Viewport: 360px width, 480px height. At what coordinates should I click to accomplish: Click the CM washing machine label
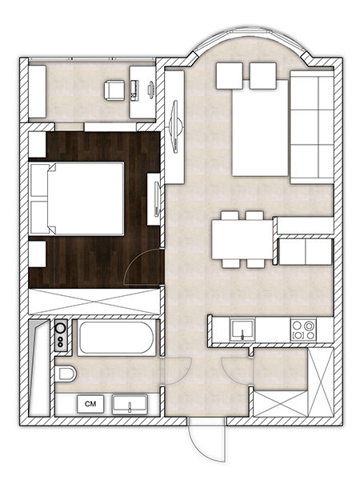click(x=90, y=404)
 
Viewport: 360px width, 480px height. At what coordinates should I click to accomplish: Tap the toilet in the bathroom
click(x=66, y=374)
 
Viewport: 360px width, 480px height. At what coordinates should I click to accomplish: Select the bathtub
click(x=116, y=338)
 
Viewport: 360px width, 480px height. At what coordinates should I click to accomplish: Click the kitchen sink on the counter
click(x=242, y=330)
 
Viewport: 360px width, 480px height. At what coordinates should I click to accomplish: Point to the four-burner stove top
click(x=303, y=330)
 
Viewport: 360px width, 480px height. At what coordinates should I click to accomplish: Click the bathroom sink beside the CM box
click(x=130, y=404)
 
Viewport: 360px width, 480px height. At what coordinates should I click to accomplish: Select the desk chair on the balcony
click(x=114, y=90)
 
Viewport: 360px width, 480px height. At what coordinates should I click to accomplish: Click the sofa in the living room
click(x=312, y=127)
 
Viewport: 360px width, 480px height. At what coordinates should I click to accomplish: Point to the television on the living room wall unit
click(x=175, y=126)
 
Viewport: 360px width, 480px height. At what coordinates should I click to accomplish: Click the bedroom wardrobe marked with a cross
click(x=94, y=302)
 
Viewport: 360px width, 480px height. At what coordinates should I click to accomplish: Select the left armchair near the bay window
click(x=230, y=76)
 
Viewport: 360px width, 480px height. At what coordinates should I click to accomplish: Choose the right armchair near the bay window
click(x=263, y=76)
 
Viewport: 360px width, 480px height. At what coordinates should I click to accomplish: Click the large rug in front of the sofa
click(x=261, y=128)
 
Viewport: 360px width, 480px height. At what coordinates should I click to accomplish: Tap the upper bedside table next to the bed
click(x=38, y=145)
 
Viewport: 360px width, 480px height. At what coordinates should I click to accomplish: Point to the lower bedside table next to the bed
click(x=38, y=254)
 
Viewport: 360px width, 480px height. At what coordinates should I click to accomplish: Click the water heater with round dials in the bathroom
click(x=61, y=335)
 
